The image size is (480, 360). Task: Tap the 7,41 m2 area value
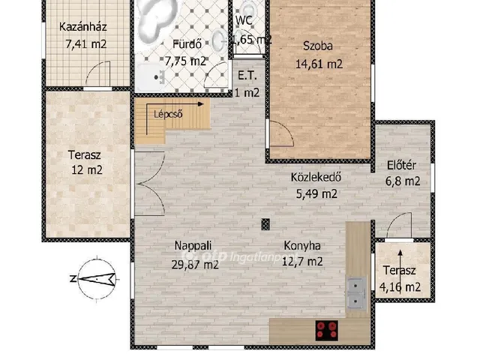[85, 44]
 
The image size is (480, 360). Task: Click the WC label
[244, 20]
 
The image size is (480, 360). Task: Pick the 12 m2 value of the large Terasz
[85, 170]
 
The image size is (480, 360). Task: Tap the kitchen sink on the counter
[356, 293]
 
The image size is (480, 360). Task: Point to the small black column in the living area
[265, 223]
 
